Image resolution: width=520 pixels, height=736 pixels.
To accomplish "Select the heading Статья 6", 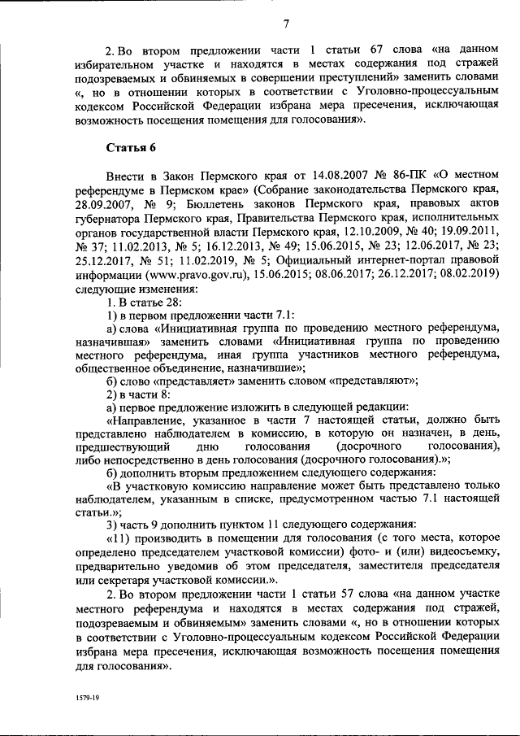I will pyautogui.click(x=131, y=147).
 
